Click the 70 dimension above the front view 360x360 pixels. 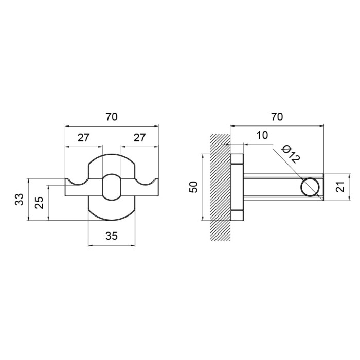pyautogui.click(x=112, y=117)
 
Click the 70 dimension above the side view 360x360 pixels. pyautogui.click(x=277, y=117)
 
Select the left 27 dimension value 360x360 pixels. pyautogui.click(x=83, y=138)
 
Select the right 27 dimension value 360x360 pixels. pyautogui.click(x=139, y=138)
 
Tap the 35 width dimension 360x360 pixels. pyautogui.click(x=112, y=236)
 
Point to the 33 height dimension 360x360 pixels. pyautogui.click(x=20, y=200)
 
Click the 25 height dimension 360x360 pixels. pyautogui.click(x=40, y=202)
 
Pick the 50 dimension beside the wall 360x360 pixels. pyautogui.click(x=194, y=187)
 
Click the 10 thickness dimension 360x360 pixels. pyautogui.click(x=262, y=135)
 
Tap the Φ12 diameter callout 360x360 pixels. pyautogui.click(x=291, y=154)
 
